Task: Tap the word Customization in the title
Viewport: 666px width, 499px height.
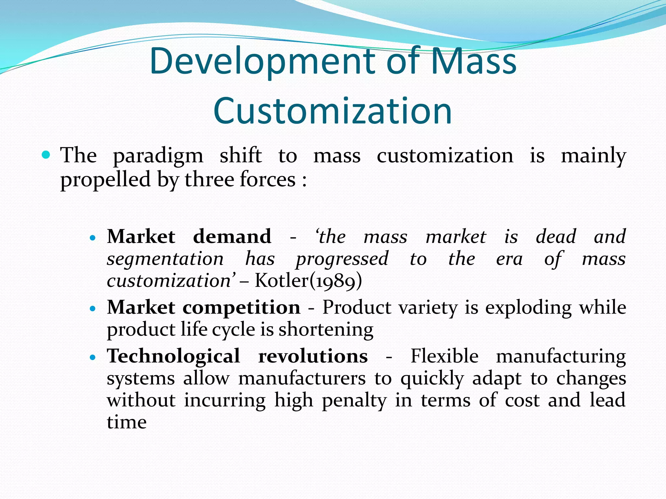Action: click(x=333, y=111)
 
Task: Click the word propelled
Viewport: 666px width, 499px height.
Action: click(x=105, y=180)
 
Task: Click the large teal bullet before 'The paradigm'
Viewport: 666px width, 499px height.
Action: click(x=46, y=155)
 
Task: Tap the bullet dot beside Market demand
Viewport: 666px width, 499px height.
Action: click(x=93, y=238)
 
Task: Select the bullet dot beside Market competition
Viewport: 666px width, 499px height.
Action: click(x=93, y=308)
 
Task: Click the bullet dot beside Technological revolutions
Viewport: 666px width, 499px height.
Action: click(x=93, y=357)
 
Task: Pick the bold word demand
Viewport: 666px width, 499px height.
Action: click(x=232, y=236)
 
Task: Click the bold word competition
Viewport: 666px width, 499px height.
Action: click(x=241, y=307)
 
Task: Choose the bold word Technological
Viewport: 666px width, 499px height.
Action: click(x=173, y=356)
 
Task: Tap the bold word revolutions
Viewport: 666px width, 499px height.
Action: click(x=313, y=356)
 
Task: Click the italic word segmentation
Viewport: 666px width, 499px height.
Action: click(x=165, y=259)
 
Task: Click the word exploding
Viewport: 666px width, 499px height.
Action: click(x=528, y=308)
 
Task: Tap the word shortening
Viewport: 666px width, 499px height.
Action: click(x=326, y=329)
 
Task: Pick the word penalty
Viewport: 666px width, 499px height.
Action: click(x=354, y=400)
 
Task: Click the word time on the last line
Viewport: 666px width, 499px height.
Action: click(x=127, y=422)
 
